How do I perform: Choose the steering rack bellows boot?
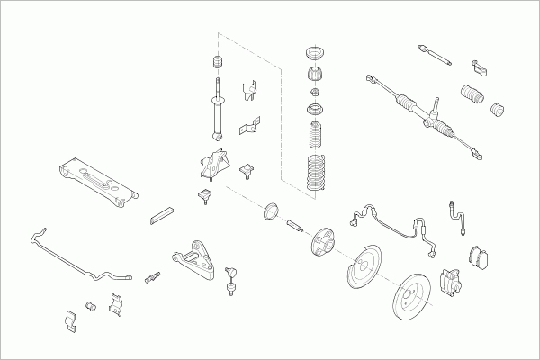(472, 94)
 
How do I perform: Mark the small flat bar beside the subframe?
(163, 213)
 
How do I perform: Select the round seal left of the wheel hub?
(268, 214)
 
